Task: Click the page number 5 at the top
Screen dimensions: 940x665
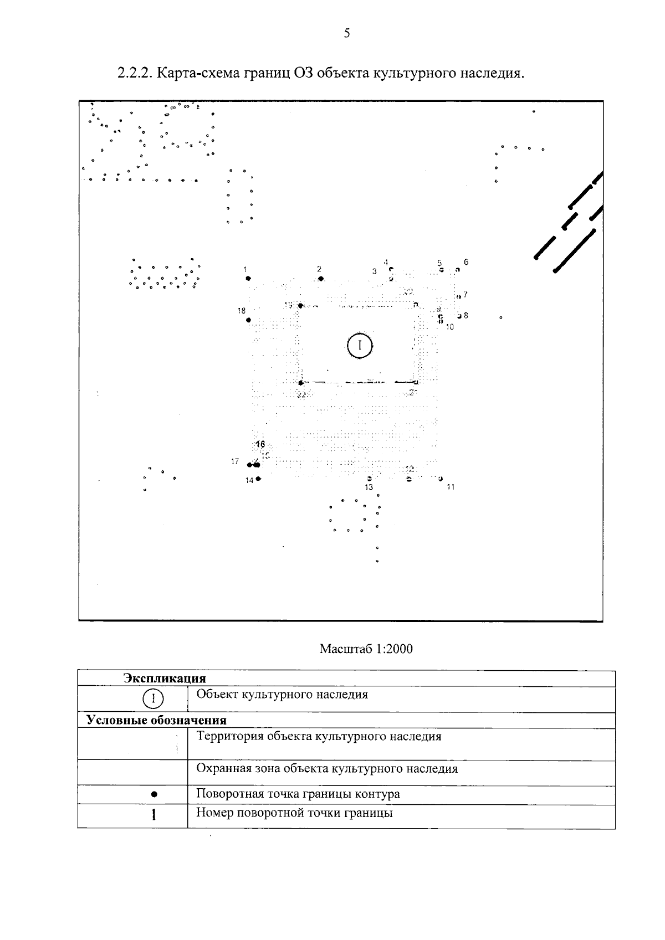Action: pyautogui.click(x=347, y=34)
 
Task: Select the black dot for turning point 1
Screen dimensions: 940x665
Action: pyautogui.click(x=248, y=278)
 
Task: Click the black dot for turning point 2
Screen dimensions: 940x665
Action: pyautogui.click(x=321, y=279)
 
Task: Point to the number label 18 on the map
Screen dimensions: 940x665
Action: pyautogui.click(x=242, y=311)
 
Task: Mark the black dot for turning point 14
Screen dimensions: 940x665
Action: pyautogui.click(x=259, y=479)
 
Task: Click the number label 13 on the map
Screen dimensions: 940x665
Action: pyautogui.click(x=369, y=487)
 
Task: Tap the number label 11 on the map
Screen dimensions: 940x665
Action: pyautogui.click(x=451, y=487)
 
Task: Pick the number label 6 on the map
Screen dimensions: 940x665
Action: pyautogui.click(x=466, y=262)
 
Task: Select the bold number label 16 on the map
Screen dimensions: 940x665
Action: pyautogui.click(x=260, y=444)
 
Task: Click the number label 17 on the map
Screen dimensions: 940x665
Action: pyautogui.click(x=235, y=461)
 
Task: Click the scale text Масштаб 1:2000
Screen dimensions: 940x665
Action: pyautogui.click(x=366, y=649)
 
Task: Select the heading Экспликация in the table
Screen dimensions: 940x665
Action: pyautogui.click(x=165, y=679)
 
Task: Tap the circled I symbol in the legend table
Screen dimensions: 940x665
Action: pyautogui.click(x=153, y=698)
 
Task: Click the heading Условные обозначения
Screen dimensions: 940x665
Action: pyautogui.click(x=156, y=721)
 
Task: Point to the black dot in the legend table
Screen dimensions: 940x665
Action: pyautogui.click(x=154, y=794)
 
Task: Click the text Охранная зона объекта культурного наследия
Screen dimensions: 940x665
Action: pyautogui.click(x=327, y=769)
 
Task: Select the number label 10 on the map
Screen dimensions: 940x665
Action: pyautogui.click(x=450, y=327)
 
